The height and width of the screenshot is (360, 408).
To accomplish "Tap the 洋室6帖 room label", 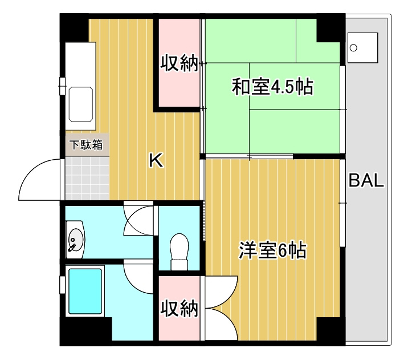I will coord(272,251).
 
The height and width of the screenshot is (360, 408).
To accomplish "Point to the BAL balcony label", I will coord(367,181).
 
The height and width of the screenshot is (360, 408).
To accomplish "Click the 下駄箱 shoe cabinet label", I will coord(86,145).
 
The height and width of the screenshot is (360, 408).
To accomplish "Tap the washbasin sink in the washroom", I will coord(75,240).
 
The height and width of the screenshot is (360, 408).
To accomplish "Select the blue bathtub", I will coord(85,291).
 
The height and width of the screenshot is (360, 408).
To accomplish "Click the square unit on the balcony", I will coord(362,47).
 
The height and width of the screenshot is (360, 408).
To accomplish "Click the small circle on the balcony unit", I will coord(353,48).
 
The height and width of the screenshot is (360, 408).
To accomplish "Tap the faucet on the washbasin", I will coord(72,246).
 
